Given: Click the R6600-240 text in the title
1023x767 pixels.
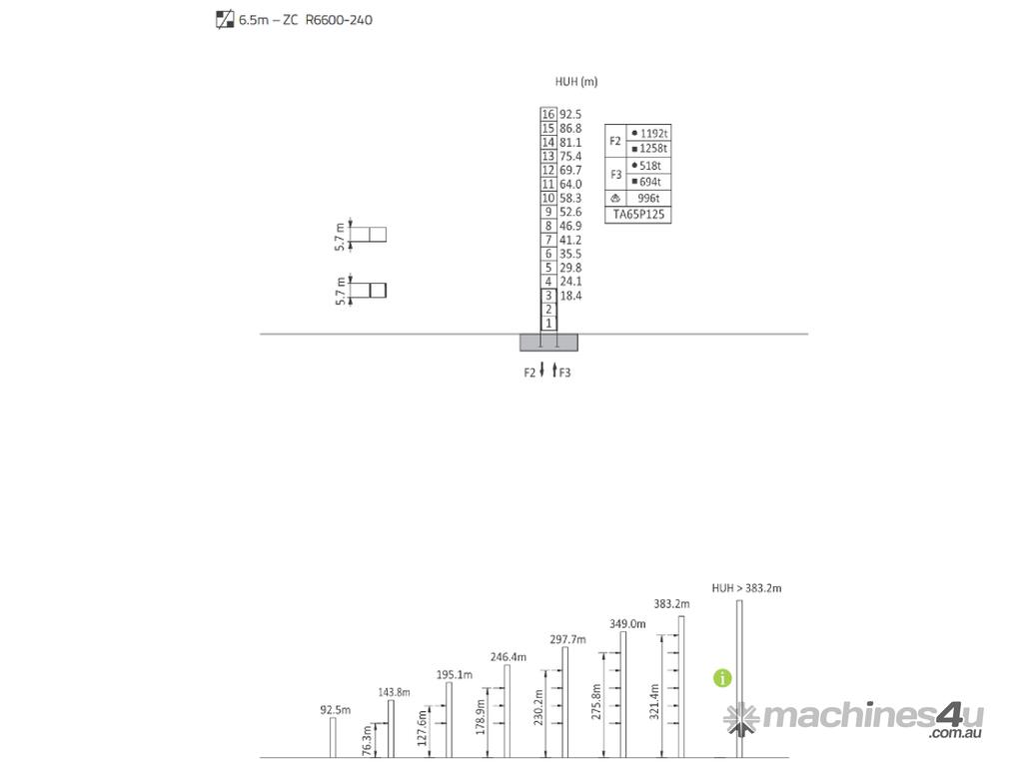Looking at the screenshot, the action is [x=339, y=20].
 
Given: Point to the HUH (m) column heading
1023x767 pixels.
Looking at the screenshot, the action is [x=576, y=82].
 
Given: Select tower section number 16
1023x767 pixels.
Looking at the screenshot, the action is [x=548, y=114].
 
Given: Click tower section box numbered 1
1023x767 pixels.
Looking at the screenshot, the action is [x=548, y=324].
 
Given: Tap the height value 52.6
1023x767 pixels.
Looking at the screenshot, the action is [x=570, y=212].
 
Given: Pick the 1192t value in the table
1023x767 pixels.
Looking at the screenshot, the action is [x=653, y=134].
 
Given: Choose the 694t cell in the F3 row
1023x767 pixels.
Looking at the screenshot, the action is [x=650, y=182].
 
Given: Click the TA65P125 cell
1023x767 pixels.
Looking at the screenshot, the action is [x=638, y=215].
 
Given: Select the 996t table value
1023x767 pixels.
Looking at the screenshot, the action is [x=648, y=199].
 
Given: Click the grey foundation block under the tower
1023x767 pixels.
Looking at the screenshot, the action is [x=548, y=343].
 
